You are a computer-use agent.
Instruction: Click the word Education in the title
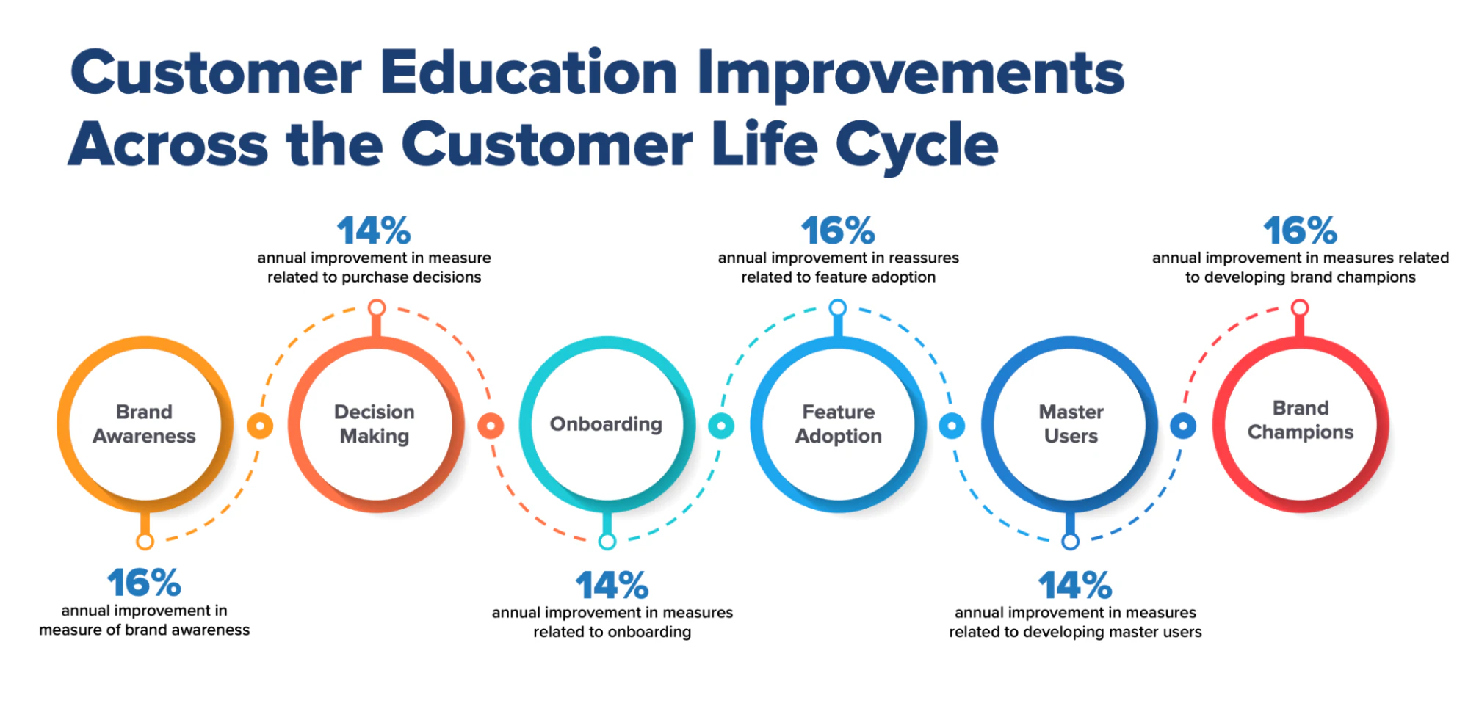(x=529, y=73)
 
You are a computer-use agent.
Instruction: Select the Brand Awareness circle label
(x=144, y=424)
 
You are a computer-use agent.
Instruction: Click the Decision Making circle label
(x=375, y=424)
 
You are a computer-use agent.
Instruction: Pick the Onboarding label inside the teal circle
(x=606, y=424)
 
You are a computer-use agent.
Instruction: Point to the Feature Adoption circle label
(x=838, y=424)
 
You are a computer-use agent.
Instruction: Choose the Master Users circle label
(x=1071, y=424)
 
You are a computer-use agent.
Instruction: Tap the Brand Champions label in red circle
(x=1300, y=421)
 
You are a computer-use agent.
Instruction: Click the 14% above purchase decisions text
(x=374, y=231)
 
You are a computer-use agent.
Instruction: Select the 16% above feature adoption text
(x=838, y=231)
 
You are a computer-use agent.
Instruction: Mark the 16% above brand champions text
(x=1300, y=231)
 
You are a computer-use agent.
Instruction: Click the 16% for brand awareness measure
(x=144, y=583)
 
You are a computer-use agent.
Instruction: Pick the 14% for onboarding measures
(x=612, y=586)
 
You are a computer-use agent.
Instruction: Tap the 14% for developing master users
(x=1075, y=586)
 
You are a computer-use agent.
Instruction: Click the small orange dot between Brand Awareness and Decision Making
(x=260, y=426)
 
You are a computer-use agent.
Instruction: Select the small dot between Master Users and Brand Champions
(x=1183, y=426)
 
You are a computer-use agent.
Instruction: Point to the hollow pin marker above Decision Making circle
(x=377, y=307)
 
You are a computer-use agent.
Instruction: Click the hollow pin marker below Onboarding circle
(x=607, y=542)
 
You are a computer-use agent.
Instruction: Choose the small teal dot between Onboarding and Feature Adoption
(x=721, y=426)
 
